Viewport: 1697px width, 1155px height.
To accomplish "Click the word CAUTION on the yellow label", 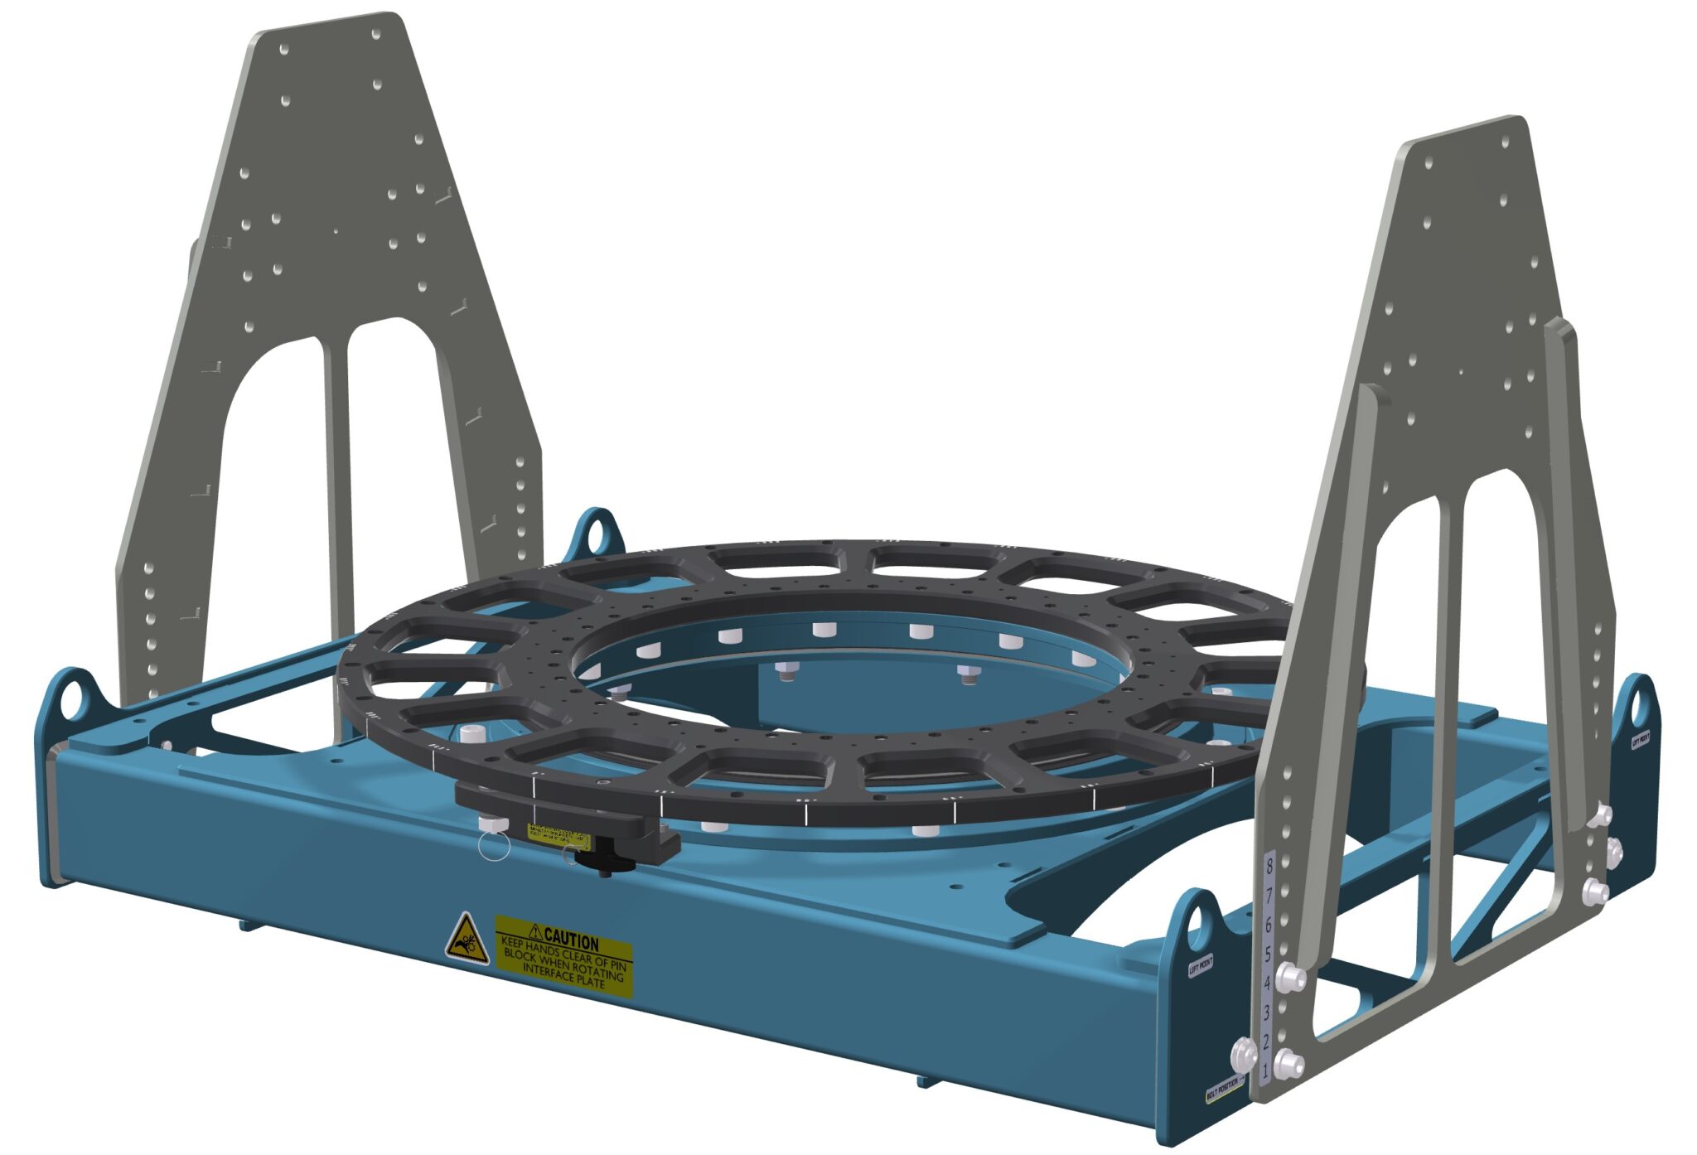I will [571, 941].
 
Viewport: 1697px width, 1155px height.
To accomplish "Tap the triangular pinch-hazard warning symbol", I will [466, 940].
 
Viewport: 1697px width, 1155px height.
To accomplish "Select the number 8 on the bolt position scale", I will [1268, 867].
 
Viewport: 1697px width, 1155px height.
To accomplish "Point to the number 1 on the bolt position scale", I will [1264, 1070].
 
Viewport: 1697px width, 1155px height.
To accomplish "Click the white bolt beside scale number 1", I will [1288, 1063].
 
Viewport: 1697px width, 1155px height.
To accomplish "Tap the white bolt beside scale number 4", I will [1290, 978].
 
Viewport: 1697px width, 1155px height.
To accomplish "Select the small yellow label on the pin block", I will [557, 834].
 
